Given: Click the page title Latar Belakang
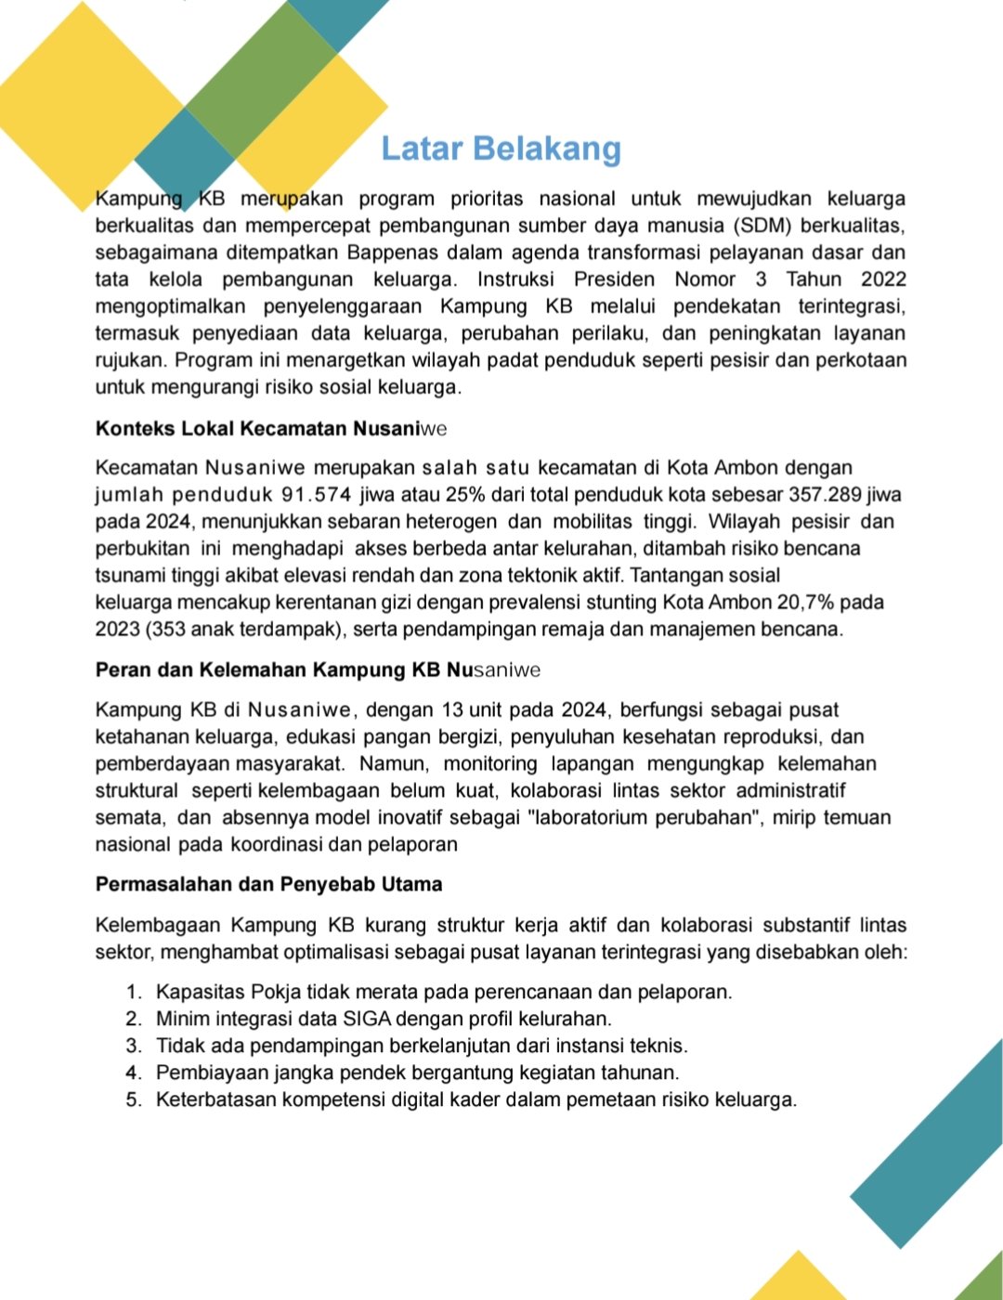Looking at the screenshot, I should [x=501, y=149].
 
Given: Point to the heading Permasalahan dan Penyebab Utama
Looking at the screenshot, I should [x=268, y=884].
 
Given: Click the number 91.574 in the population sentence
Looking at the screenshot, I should [x=316, y=495].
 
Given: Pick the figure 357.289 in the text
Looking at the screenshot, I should [x=825, y=495].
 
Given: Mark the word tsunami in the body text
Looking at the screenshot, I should [x=126, y=575].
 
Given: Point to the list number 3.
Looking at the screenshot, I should [x=134, y=1046].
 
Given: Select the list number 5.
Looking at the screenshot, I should [x=134, y=1099].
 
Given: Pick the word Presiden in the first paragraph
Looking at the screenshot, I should [x=614, y=279].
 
